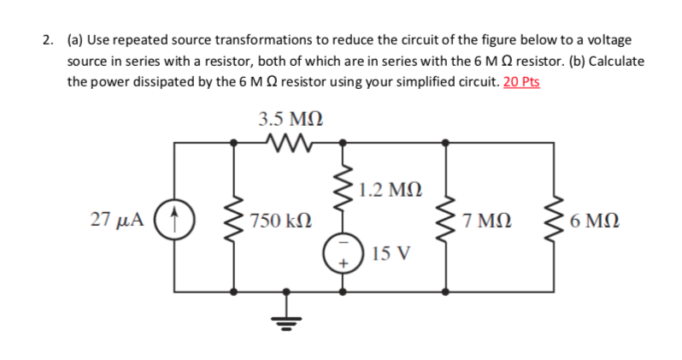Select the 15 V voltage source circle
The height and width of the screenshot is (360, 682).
click(x=344, y=254)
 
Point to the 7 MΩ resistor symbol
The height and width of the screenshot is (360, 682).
click(x=444, y=221)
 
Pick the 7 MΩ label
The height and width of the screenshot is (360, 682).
click(x=484, y=221)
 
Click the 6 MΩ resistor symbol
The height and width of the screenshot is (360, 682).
click(x=546, y=221)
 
